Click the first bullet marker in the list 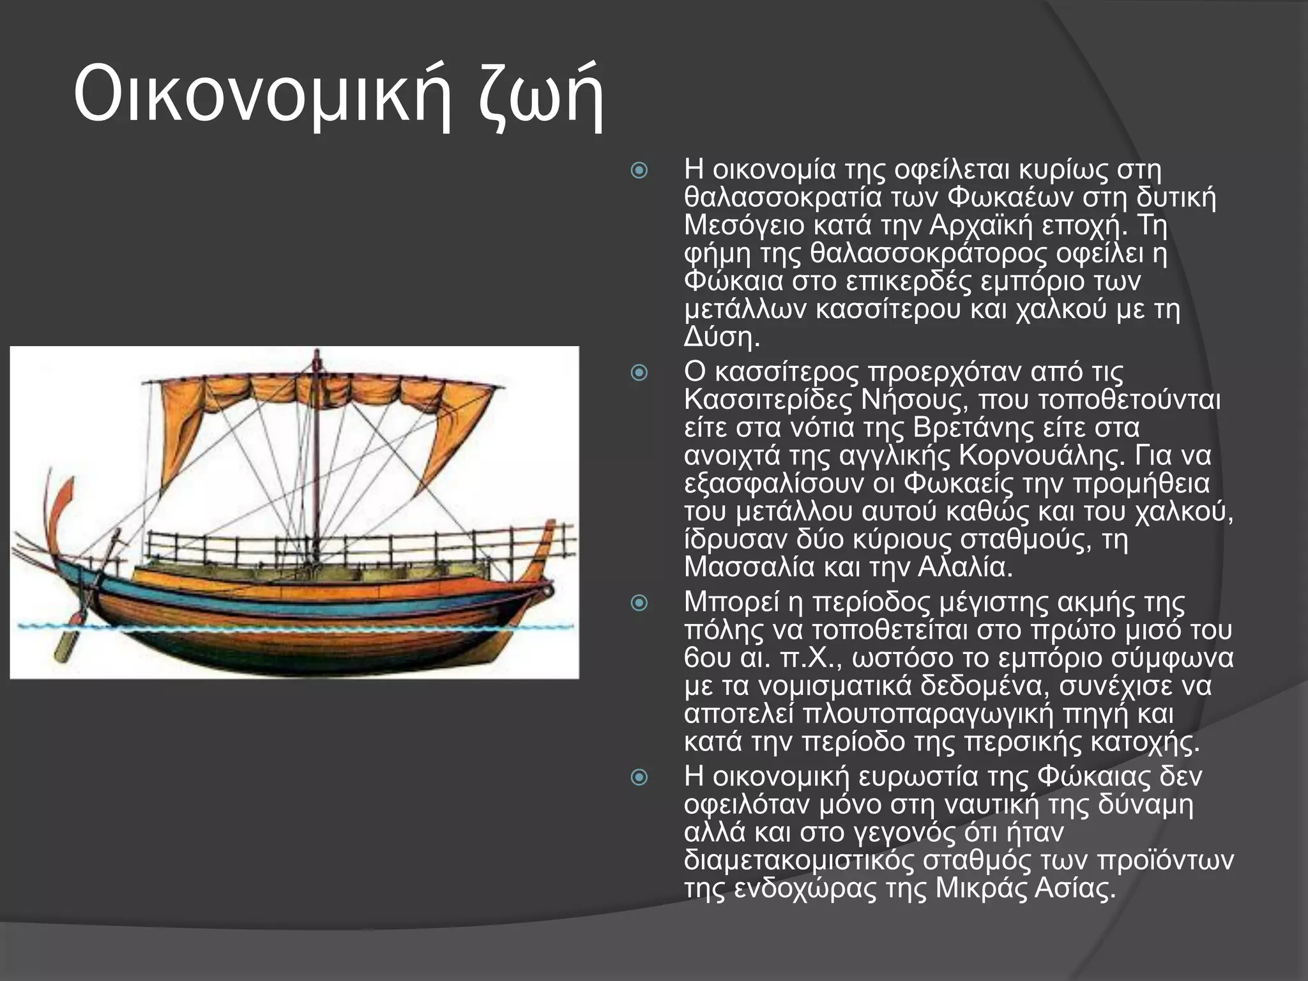pos(639,171)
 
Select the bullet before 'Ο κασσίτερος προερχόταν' pos(639,372)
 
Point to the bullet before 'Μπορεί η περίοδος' pos(639,603)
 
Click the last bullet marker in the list pos(639,777)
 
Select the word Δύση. pos(721,337)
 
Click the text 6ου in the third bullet pos(706,658)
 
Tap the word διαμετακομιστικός pos(798,860)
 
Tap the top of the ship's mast pos(316,355)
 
